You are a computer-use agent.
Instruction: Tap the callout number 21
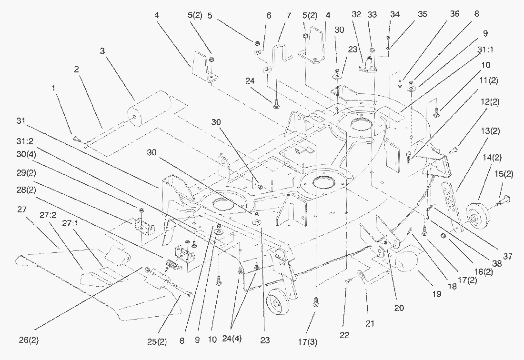tap(370, 323)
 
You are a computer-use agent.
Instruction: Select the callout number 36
tap(454, 14)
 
